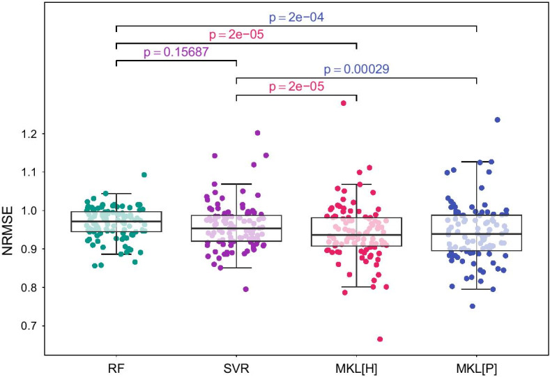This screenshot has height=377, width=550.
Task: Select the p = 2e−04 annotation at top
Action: pos(296,15)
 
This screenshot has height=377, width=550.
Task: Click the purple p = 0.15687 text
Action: pos(176,52)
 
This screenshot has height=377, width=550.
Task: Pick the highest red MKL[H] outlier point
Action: pos(343,103)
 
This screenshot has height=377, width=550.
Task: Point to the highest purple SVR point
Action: pos(257,132)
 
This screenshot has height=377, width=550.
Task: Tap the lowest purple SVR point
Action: pos(245,289)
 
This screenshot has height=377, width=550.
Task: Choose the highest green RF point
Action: pos(144,175)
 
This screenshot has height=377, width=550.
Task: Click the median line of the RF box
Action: pos(116,222)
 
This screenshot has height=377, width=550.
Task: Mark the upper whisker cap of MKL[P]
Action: pos(477,162)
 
